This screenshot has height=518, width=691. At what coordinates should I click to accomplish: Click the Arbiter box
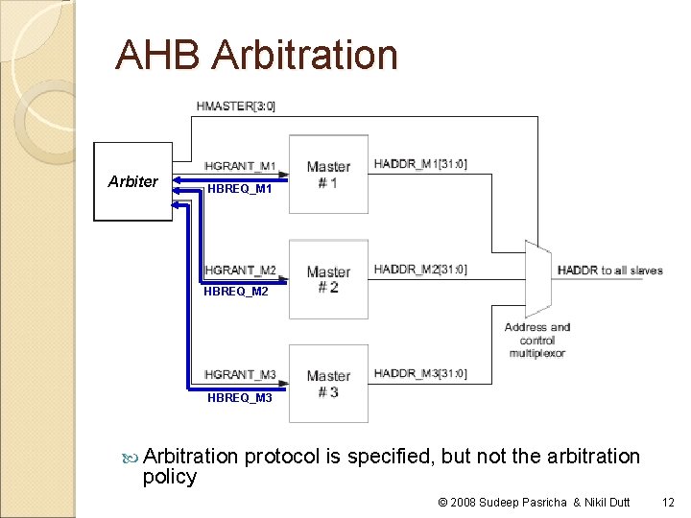(x=132, y=182)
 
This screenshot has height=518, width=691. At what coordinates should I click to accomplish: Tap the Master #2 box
(x=328, y=279)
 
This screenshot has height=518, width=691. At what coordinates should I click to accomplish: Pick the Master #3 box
(x=328, y=384)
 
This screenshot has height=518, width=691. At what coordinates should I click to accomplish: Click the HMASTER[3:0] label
(x=235, y=106)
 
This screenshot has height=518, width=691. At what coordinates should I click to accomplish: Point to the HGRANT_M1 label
(x=240, y=167)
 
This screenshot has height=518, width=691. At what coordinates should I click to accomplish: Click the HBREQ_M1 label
(x=240, y=189)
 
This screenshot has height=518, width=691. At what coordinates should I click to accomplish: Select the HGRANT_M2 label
(x=240, y=271)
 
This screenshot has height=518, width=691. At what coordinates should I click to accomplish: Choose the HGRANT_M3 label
(x=240, y=375)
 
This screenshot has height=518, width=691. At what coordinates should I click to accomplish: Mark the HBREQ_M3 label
(x=240, y=397)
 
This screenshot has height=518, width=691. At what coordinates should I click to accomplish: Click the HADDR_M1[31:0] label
(x=420, y=164)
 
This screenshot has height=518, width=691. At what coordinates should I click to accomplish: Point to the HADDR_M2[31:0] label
(x=420, y=270)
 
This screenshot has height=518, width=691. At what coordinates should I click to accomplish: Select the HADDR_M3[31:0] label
(x=420, y=373)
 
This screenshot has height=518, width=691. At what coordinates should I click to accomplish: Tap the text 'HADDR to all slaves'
(x=609, y=271)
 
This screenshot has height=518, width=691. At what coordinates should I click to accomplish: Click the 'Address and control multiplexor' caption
(x=537, y=340)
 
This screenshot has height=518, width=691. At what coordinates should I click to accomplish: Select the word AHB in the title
(x=158, y=55)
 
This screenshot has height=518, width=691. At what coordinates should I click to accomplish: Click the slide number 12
(x=669, y=502)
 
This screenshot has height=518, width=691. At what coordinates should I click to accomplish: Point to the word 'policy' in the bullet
(x=169, y=477)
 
